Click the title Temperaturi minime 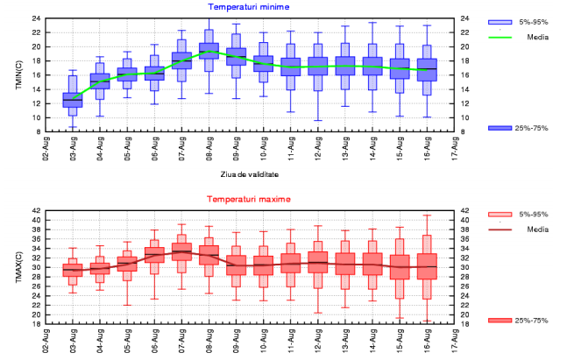(249, 8)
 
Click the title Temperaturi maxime (249, 200)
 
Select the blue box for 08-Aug (209, 53)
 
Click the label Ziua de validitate (249, 174)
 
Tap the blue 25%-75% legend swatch (499, 129)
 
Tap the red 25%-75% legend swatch (499, 321)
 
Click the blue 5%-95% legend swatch (499, 21)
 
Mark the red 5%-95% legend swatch (499, 213)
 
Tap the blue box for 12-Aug (318, 67)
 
